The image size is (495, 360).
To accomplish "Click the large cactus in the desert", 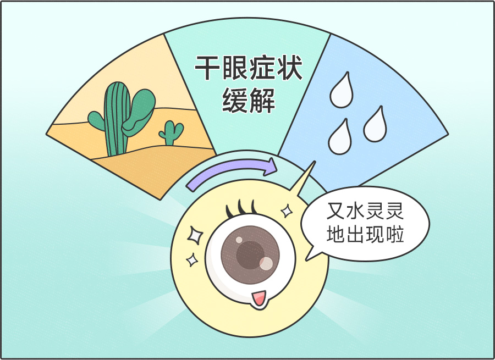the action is (x=118, y=120).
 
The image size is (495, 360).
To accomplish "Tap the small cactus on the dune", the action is (x=171, y=133).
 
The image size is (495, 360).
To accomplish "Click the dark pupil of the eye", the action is (x=250, y=255).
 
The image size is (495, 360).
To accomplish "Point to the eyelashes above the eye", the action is (x=241, y=208).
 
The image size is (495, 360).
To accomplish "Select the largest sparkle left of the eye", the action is (x=195, y=235).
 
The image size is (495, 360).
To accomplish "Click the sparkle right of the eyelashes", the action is (x=287, y=211).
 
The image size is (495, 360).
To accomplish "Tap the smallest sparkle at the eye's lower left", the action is (x=191, y=260).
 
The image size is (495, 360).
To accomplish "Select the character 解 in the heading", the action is (x=262, y=101).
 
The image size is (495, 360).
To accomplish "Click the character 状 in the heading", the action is (x=290, y=68).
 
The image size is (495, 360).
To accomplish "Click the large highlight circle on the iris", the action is (x=266, y=263).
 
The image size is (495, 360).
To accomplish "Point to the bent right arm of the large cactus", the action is (x=139, y=112).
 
